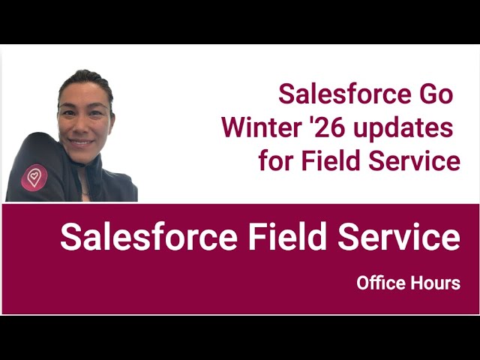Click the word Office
pos(381,283)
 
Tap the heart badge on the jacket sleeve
pos(34,177)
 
